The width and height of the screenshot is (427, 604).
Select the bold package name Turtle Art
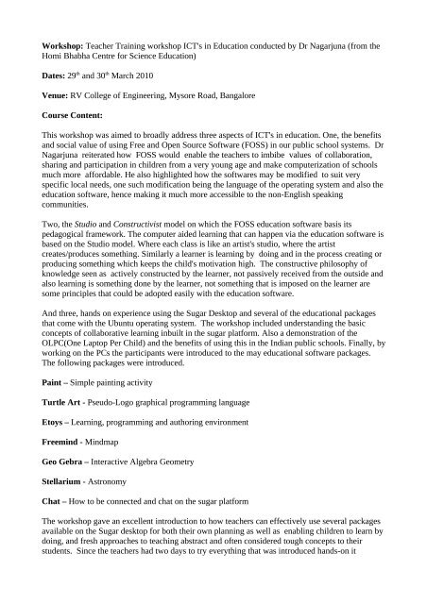(x=53, y=403)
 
